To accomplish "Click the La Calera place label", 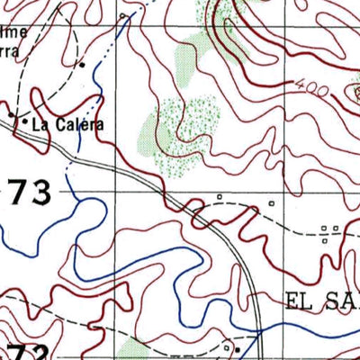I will (x=67, y=125).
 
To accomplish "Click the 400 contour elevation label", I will (x=308, y=87).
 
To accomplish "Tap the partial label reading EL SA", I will (x=320, y=300).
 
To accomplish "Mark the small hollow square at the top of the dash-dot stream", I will (x=122, y=16).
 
